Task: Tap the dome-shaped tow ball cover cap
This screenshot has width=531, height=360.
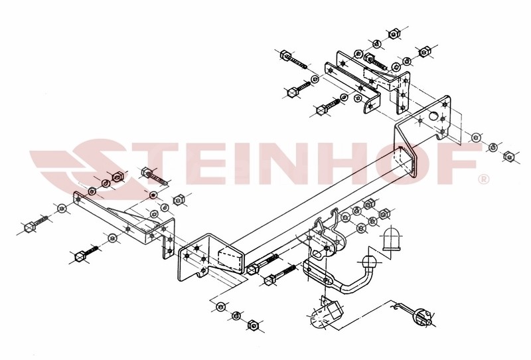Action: (392, 239)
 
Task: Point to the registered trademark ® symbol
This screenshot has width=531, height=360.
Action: (484, 179)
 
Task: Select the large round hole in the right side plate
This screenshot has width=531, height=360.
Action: (433, 116)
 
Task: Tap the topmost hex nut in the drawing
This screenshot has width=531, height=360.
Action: (393, 34)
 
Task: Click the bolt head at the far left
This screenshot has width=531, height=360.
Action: (29, 226)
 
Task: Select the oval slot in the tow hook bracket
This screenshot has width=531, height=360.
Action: (317, 254)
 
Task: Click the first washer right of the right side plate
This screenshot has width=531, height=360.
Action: (477, 137)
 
